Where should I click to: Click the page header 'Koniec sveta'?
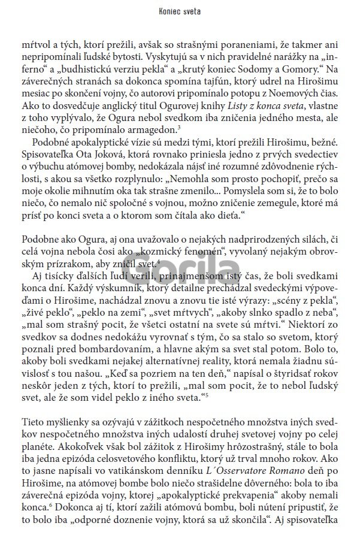180,11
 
